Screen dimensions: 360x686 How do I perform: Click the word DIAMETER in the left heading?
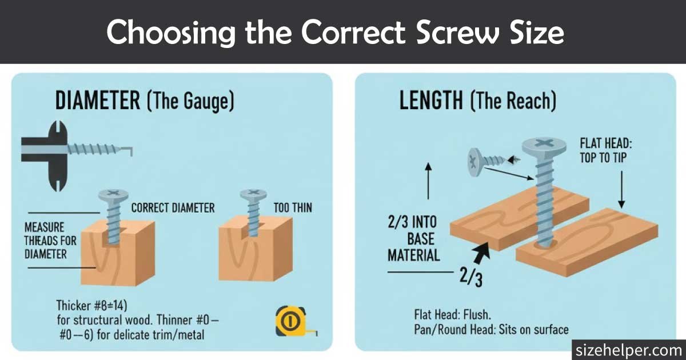point(97,101)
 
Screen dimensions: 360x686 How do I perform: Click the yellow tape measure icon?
point(290,321)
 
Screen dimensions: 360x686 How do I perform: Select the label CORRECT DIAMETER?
point(173,207)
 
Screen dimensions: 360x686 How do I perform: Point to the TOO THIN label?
point(293,207)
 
